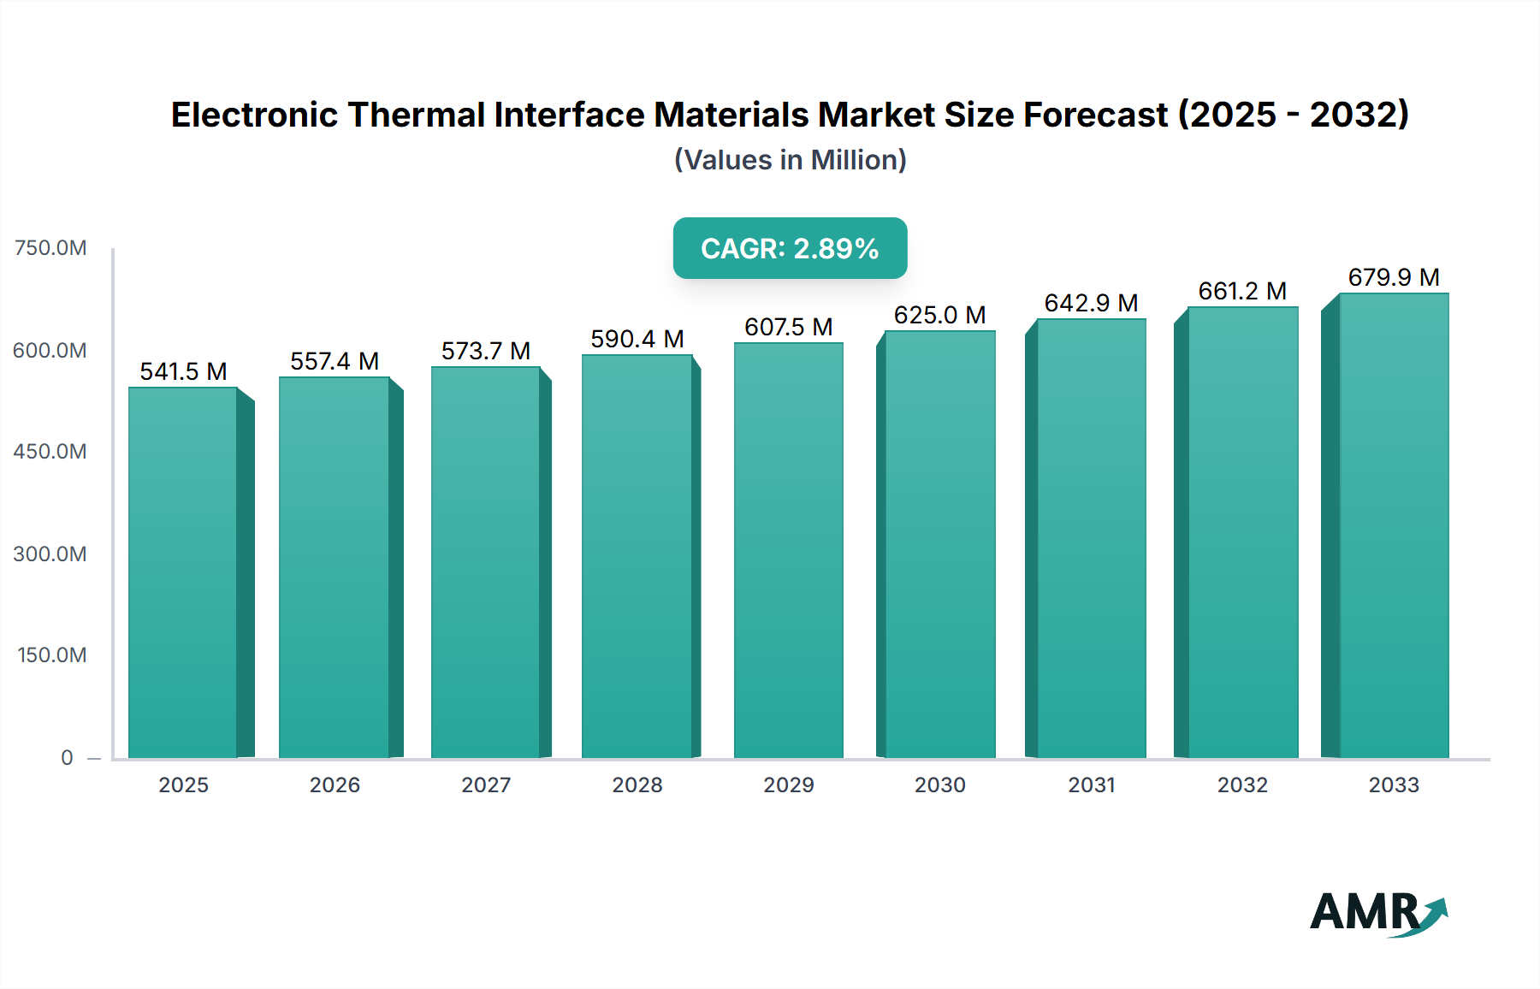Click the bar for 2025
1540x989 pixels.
point(183,573)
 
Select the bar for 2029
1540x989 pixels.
point(788,551)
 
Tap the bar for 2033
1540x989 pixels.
point(1393,526)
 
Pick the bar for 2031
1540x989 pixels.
point(1091,539)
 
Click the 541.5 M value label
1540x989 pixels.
point(183,371)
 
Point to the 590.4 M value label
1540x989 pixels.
point(637,339)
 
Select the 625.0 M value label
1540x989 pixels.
point(939,315)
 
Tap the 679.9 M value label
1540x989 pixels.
point(1393,277)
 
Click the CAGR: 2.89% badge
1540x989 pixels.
point(790,248)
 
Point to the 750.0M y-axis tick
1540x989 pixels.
point(50,248)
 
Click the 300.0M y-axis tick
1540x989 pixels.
point(50,554)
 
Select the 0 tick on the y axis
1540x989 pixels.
point(67,757)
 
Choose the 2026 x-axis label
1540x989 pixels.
point(335,785)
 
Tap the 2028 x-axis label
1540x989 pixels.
point(637,785)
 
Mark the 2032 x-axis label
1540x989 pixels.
point(1242,785)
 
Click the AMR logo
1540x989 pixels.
point(1377,913)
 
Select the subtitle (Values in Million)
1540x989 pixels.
point(790,160)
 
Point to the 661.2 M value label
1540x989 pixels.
point(1242,291)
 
